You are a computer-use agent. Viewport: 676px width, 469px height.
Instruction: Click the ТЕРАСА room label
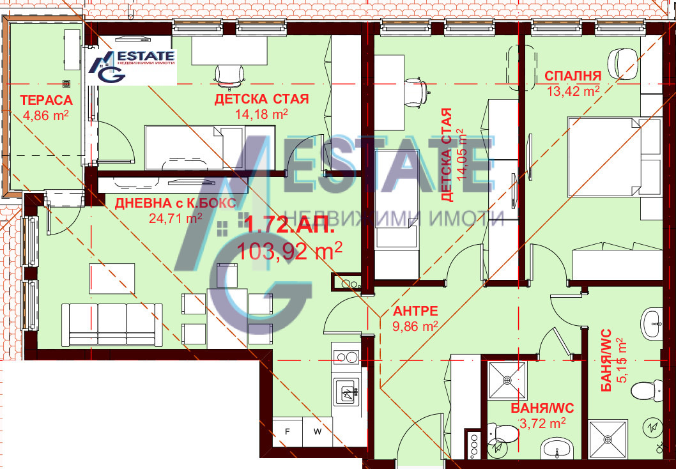coord(45,100)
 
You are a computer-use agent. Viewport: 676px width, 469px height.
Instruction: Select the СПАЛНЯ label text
coord(572,76)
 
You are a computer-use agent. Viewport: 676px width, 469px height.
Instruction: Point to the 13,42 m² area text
coord(573,91)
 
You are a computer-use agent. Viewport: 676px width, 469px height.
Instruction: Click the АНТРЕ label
coord(415,311)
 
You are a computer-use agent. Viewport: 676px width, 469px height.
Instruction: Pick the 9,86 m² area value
coord(415,326)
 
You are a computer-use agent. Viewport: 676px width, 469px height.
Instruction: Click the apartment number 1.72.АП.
coord(289,225)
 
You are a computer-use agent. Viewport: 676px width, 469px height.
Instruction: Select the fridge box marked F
coord(288,432)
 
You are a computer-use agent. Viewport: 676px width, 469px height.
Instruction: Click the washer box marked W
coord(318,432)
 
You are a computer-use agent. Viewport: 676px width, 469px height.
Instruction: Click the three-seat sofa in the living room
coord(108,325)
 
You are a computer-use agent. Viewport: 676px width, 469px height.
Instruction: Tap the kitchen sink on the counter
coord(346,390)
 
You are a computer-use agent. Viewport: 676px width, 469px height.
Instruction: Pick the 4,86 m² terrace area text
coord(45,115)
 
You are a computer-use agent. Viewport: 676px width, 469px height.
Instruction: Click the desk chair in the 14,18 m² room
coord(229,75)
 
